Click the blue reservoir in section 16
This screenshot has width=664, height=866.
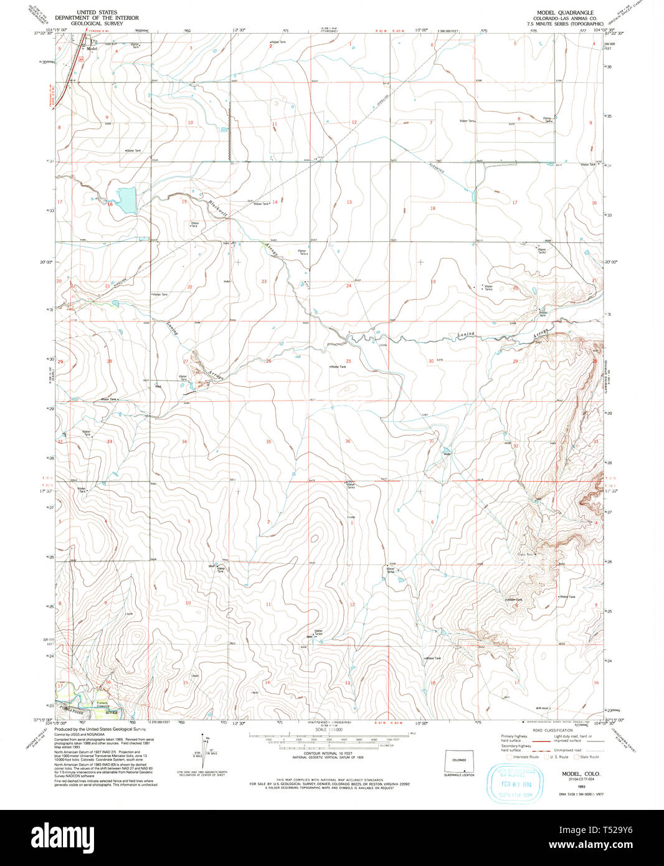(127, 200)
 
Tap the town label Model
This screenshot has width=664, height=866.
(92, 49)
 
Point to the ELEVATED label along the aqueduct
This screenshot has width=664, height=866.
(437, 168)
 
